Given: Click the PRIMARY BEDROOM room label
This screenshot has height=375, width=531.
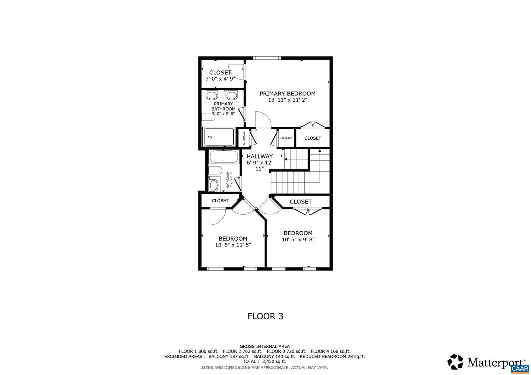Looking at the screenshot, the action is pos(287,94).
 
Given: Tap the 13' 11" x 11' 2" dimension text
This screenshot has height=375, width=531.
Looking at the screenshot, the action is pos(287,100).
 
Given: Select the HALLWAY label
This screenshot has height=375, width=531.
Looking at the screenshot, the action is pos(260,156).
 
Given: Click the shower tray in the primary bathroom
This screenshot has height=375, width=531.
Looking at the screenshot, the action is pos(219,137).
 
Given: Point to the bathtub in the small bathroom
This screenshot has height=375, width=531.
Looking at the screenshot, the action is pos(223,157).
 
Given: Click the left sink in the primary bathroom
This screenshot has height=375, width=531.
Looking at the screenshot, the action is pos(212,95).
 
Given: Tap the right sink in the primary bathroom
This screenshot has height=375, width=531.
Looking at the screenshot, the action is pos(231,95).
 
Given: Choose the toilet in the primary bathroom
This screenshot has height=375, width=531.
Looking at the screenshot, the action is pos(208,117).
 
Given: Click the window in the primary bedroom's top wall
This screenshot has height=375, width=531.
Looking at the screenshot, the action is pos(267,58).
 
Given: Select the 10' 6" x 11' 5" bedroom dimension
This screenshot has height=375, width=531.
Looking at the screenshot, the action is pos(233,245).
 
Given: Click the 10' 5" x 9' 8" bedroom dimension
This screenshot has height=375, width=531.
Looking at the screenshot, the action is pos(298,239).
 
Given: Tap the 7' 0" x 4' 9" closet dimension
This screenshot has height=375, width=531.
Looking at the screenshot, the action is pos(220,78).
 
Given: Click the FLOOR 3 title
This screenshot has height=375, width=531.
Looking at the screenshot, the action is pos(265,316).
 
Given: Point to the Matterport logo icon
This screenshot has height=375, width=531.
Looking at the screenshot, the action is pos(455,362).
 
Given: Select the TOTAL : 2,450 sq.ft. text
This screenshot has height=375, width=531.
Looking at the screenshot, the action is pos(264,361).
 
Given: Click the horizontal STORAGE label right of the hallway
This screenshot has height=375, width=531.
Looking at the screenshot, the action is pos(286,138).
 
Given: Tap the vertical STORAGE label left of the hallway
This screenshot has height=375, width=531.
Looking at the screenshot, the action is pos(244,138).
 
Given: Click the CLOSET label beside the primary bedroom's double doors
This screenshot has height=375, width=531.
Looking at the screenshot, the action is pos(313,138).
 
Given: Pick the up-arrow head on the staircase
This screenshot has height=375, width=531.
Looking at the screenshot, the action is pos(320,151).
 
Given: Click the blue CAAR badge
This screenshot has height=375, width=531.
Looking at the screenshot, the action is pos(520,369).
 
